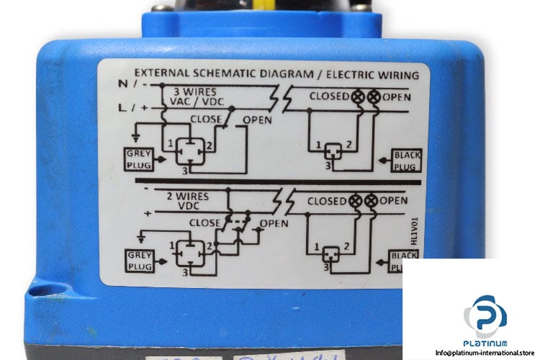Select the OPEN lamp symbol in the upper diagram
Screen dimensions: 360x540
(x=374, y=96)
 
